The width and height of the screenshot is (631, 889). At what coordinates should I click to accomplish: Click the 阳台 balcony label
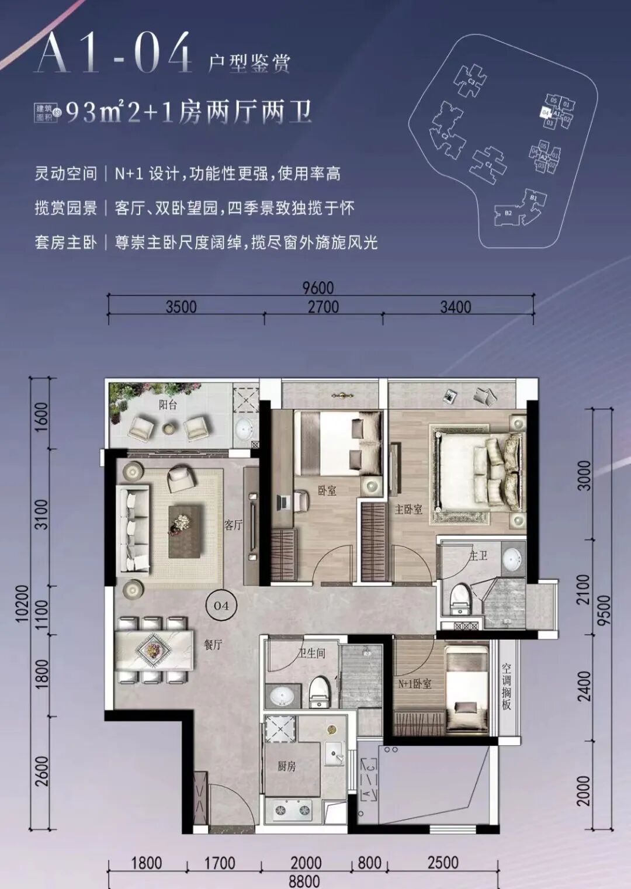[168, 404]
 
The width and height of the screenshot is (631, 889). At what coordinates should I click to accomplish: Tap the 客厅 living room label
[233, 524]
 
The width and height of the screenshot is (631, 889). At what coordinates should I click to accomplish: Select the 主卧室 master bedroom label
[408, 509]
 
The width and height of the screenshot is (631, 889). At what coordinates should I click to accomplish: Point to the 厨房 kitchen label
[286, 766]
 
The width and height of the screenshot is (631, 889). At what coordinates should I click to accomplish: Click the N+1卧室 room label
[415, 683]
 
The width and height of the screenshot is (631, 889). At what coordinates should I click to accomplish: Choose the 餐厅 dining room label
[213, 645]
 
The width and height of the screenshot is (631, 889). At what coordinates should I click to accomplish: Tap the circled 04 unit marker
[221, 606]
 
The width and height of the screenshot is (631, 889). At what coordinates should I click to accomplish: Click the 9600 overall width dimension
[318, 288]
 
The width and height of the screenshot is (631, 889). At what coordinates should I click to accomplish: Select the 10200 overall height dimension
[22, 604]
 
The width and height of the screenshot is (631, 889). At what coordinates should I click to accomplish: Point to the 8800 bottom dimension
[304, 881]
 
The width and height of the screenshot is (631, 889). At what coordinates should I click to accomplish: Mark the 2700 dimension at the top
[323, 307]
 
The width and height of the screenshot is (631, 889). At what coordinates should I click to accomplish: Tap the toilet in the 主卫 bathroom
[460, 598]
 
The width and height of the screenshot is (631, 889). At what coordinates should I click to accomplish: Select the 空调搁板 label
[507, 686]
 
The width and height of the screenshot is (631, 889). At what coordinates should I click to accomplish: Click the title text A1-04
[115, 54]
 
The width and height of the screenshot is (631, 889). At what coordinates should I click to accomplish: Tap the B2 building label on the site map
[508, 213]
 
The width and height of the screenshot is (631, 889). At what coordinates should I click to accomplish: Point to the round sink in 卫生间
[282, 696]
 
